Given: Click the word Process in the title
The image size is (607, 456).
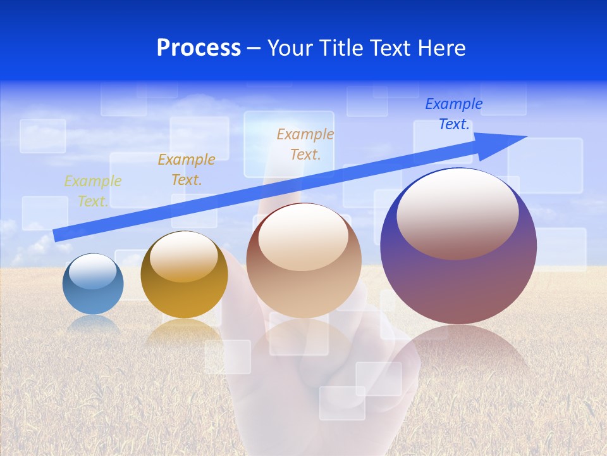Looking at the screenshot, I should pos(199,48).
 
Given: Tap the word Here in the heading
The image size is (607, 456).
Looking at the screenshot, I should pos(442,48).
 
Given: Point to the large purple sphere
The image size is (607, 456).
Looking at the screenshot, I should pos(458,279).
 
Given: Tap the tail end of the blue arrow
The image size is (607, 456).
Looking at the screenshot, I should pos(56,235).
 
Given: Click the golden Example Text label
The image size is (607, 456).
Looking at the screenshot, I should pos(187,170).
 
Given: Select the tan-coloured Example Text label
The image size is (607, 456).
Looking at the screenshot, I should pos(305,144).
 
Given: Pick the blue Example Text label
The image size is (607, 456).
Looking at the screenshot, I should pos(454,114).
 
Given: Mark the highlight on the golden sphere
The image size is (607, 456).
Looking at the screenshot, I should pos(184,256).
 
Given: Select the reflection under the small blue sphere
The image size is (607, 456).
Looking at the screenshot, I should pos(94,324).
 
